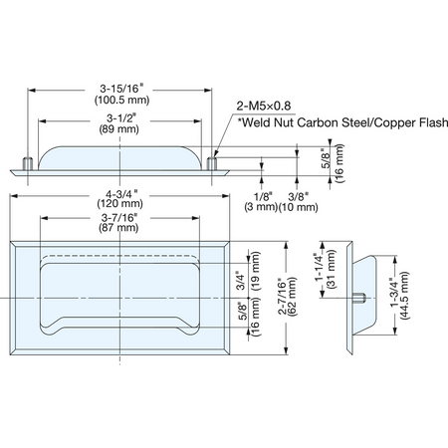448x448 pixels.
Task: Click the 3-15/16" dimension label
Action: pyautogui.click(x=121, y=89)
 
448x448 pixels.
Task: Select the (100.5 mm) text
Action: pyautogui.click(x=121, y=100)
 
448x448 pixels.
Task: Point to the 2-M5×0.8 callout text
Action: pyautogui.click(x=264, y=106)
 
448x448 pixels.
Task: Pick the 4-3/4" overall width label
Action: pyautogui.click(x=121, y=194)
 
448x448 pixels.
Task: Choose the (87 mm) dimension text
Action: pyautogui.click(x=118, y=228)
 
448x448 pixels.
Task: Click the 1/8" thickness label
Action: pyautogui.click(x=263, y=196)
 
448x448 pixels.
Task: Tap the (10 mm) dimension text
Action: pyautogui.click(x=298, y=207)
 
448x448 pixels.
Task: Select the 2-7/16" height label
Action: pyautogui.click(x=282, y=296)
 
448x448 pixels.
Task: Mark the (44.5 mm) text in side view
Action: pyautogui.click(x=404, y=296)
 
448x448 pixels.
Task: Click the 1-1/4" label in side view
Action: pyautogui.click(x=319, y=267)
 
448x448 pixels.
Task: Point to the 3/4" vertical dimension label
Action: pyautogui.click(x=241, y=282)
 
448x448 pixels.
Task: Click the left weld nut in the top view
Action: pyautogui.click(x=27, y=164)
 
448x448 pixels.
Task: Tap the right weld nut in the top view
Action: pyautogui.click(x=212, y=164)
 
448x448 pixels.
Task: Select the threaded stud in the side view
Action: pyautogui.click(x=359, y=298)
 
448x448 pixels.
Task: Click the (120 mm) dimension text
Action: pyautogui.click(x=119, y=203)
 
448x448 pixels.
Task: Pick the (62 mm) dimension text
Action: pyautogui.click(x=293, y=297)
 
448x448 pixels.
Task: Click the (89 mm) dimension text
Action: pyautogui.click(x=118, y=129)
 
